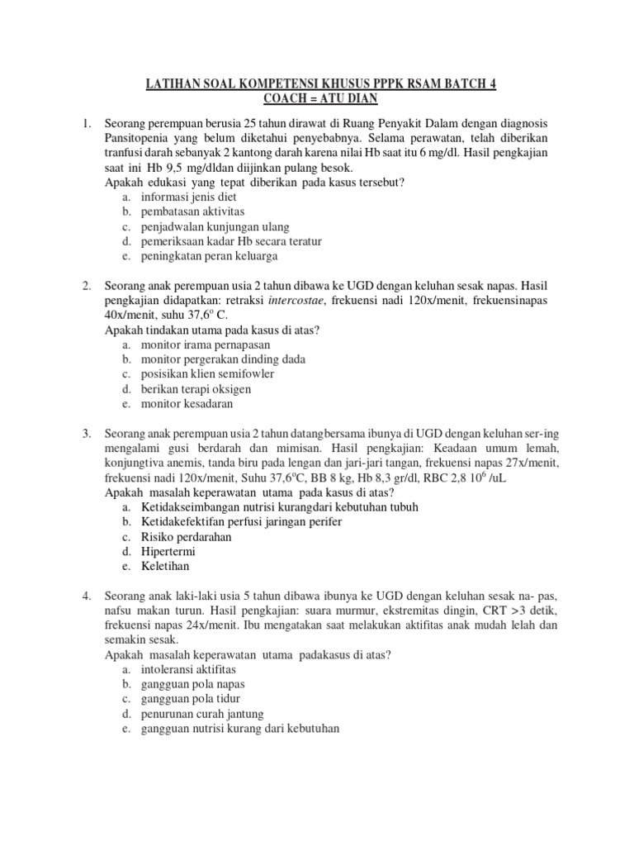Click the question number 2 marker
pos(87,286)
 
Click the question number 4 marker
pos(87,596)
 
